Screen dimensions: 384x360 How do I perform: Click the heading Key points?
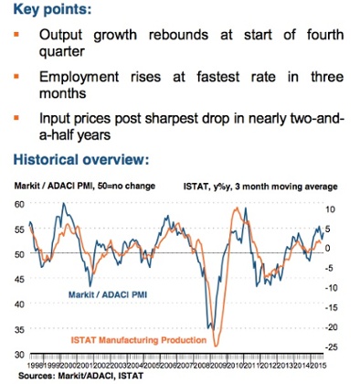click(x=53, y=12)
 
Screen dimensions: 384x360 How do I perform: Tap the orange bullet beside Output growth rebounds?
click(x=19, y=36)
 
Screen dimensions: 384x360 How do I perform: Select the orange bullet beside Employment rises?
click(x=19, y=77)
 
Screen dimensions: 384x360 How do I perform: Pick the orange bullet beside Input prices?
click(x=19, y=118)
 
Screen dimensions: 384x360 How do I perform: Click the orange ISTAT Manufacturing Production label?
click(x=135, y=340)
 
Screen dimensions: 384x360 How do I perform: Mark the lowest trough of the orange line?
click(x=216, y=345)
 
